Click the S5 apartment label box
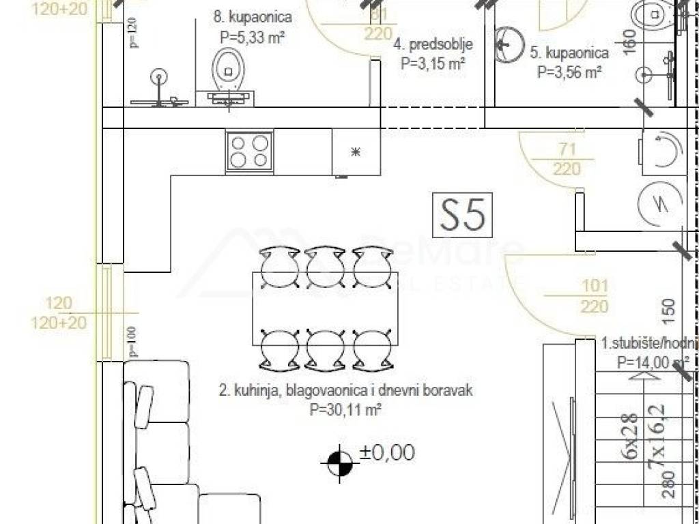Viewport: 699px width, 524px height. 463,214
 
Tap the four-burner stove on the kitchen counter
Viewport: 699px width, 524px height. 249,151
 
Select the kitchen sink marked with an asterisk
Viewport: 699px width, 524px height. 355,151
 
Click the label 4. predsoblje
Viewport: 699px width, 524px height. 433,46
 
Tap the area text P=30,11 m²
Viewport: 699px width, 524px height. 345,410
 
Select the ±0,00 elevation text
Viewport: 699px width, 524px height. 387,452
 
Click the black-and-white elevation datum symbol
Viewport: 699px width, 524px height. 337,463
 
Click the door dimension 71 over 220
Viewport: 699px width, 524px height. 567,159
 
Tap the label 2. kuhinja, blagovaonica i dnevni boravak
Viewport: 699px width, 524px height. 345,392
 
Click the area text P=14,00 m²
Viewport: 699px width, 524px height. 652,363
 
